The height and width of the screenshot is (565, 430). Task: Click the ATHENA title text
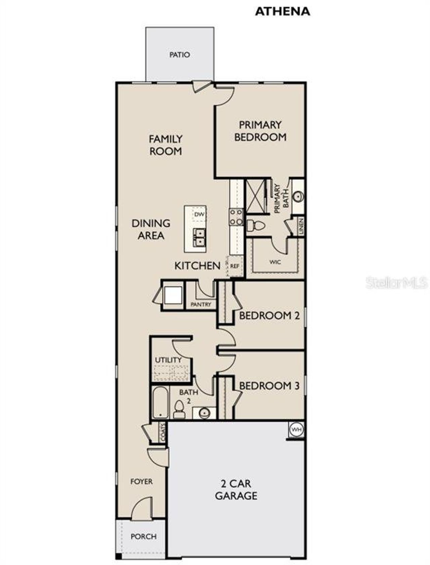tap(282, 11)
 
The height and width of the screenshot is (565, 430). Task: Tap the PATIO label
tap(179, 54)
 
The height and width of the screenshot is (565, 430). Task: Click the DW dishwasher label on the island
tap(199, 214)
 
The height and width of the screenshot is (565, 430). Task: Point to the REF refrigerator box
tap(235, 266)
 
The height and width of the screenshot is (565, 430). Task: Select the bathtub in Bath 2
tap(160, 403)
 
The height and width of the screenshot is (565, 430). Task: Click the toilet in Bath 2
tap(179, 410)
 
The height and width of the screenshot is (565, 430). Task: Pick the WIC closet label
tap(275, 262)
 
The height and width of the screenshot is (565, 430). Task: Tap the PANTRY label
tap(201, 304)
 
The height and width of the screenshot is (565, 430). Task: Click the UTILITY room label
tap(168, 360)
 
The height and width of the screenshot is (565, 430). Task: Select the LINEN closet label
tap(301, 226)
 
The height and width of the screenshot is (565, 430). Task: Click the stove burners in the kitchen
tap(236, 217)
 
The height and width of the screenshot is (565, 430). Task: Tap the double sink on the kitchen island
tap(200, 237)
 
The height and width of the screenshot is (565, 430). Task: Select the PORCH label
tap(143, 536)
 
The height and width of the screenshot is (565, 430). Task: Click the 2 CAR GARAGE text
tap(236, 489)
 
